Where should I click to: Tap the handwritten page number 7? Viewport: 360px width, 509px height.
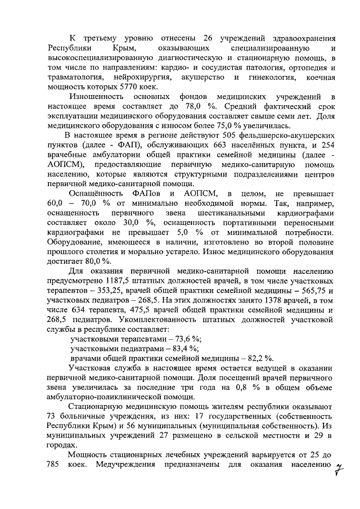tap(339, 469)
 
